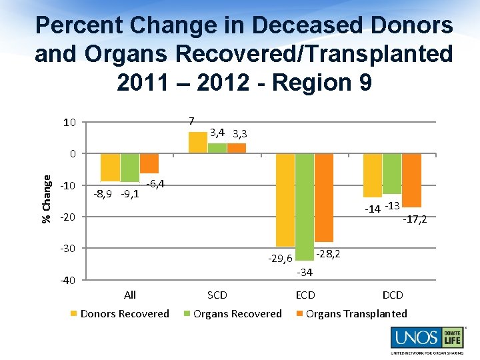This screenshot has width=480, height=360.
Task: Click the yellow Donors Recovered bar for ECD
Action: pyautogui.click(x=285, y=200)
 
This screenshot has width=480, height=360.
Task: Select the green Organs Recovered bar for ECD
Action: pyautogui.click(x=305, y=207)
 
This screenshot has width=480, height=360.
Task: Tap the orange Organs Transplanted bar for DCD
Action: pyautogui.click(x=411, y=180)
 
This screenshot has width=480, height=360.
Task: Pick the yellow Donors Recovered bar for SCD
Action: pyautogui.click(x=198, y=143)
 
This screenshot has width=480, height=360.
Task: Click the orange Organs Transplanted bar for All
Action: pyautogui.click(x=149, y=163)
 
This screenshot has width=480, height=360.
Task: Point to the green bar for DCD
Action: pyautogui.click(x=392, y=173)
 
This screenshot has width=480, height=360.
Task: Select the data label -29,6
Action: pyautogui.click(x=281, y=258)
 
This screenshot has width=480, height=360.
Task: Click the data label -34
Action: pyautogui.click(x=305, y=272)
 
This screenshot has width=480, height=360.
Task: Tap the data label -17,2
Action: pyautogui.click(x=415, y=218)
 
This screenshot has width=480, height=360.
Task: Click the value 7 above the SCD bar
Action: pyautogui.click(x=191, y=121)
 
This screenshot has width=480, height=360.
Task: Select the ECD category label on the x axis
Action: pyautogui.click(x=305, y=295)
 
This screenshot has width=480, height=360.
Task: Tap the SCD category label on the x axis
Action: pyautogui.click(x=217, y=295)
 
